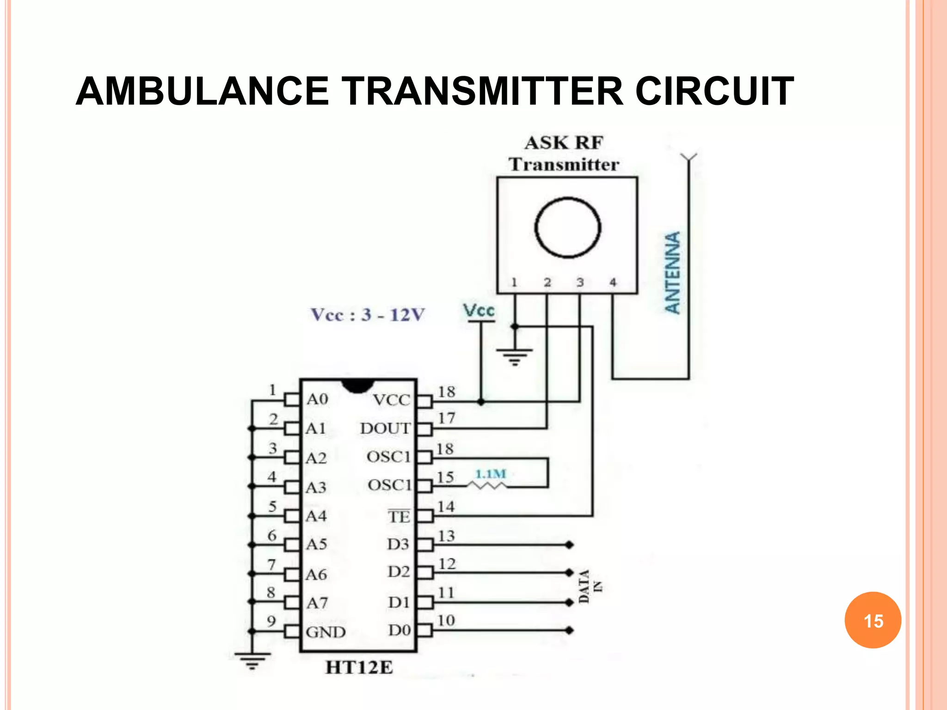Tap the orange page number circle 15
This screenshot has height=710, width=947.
(x=873, y=620)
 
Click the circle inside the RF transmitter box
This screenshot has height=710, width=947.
(x=567, y=227)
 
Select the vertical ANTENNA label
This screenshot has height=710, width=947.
(x=673, y=273)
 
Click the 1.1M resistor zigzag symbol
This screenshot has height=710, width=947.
(x=487, y=486)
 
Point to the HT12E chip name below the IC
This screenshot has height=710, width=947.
(x=359, y=667)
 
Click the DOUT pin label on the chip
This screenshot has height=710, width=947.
(x=385, y=428)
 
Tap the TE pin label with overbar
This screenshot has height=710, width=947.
(x=399, y=516)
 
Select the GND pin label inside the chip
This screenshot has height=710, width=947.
(x=326, y=632)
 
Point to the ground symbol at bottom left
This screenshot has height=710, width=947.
(x=252, y=660)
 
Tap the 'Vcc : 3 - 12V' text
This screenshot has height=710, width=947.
(x=368, y=315)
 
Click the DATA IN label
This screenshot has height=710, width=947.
(x=590, y=586)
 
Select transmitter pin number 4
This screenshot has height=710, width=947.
(x=613, y=282)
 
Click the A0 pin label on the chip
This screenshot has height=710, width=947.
(x=317, y=399)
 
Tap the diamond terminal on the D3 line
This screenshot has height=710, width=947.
(x=569, y=545)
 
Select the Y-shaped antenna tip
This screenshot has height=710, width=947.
(x=689, y=158)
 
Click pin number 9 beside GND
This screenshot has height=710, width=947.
(x=271, y=621)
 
